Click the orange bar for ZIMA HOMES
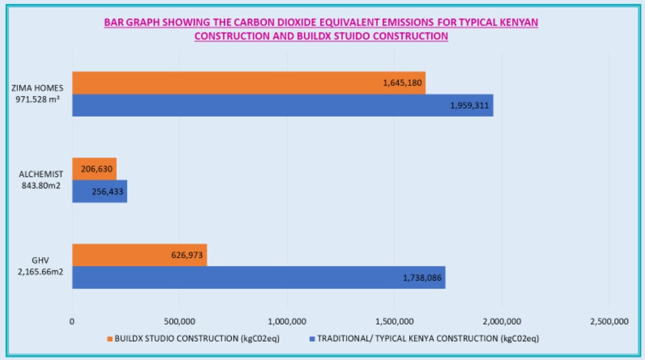click(248, 83)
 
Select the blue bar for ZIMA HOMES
click(283, 105)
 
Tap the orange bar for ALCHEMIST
click(94, 169)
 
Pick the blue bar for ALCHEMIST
click(100, 191)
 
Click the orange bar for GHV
click(140, 255)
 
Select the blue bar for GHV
click(259, 278)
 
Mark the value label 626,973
click(188, 255)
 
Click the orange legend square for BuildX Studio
click(110, 339)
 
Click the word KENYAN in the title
click(518, 22)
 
